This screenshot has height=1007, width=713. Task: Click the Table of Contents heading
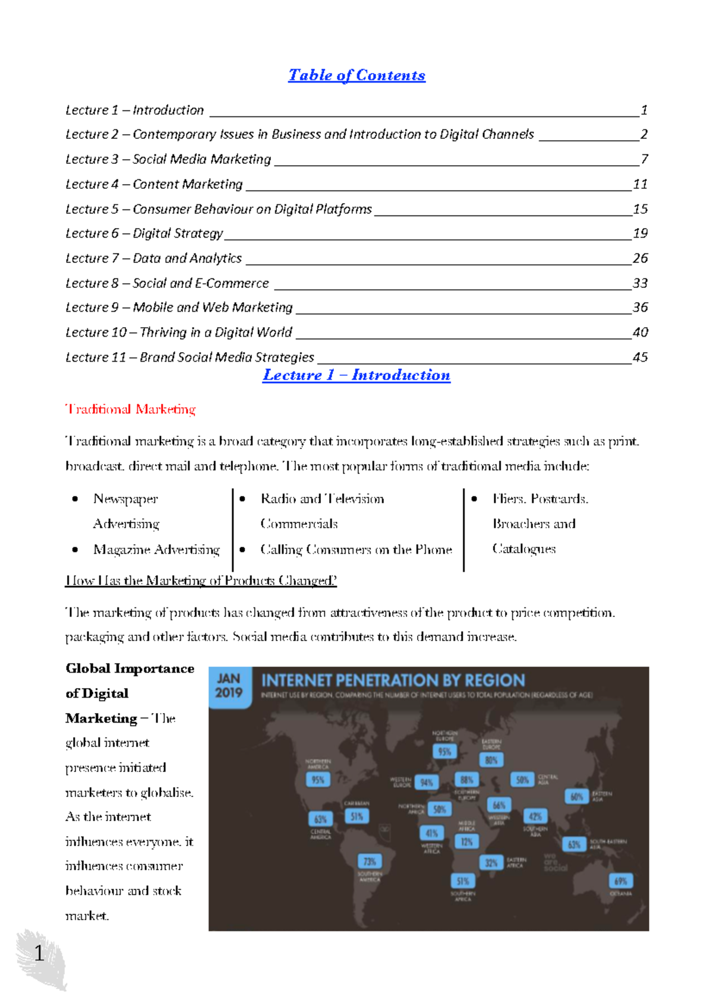click(356, 75)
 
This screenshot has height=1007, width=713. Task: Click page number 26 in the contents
click(640, 258)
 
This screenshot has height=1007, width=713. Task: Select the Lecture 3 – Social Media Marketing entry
click(168, 159)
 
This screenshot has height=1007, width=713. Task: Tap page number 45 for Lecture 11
click(640, 357)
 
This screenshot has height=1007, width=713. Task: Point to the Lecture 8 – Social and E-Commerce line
click(167, 283)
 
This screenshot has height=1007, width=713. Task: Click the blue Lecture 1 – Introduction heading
click(356, 375)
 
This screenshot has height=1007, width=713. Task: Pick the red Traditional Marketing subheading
click(130, 409)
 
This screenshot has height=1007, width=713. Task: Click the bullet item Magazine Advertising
click(156, 550)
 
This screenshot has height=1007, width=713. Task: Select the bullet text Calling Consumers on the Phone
click(356, 550)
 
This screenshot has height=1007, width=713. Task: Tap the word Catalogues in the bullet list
click(523, 549)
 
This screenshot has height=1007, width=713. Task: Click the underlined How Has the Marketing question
click(201, 581)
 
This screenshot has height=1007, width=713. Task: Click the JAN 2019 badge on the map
click(229, 686)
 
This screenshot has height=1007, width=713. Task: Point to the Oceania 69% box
click(621, 881)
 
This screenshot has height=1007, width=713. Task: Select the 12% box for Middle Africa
click(467, 841)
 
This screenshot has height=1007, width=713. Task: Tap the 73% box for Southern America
click(370, 862)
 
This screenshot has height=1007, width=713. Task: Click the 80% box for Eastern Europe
click(491, 760)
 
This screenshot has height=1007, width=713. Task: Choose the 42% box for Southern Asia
click(535, 816)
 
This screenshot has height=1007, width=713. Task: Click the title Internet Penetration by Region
click(393, 680)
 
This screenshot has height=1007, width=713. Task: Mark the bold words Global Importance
click(130, 669)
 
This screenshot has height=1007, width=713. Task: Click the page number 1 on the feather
click(39, 954)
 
